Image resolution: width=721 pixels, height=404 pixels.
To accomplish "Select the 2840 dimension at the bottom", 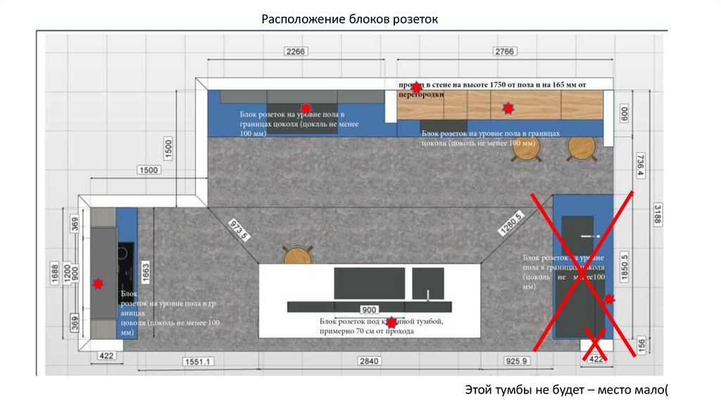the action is click(369, 361).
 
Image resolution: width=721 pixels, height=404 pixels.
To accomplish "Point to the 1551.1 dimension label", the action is click(198, 361).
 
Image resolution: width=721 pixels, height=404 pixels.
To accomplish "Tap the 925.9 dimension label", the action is click(516, 361).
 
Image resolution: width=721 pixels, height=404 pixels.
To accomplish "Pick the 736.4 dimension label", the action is click(640, 166).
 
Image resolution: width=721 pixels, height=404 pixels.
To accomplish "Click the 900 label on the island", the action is click(368, 309).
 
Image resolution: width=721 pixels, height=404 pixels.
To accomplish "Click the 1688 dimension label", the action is click(55, 272).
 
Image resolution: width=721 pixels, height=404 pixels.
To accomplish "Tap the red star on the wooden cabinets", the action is click(507, 108).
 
